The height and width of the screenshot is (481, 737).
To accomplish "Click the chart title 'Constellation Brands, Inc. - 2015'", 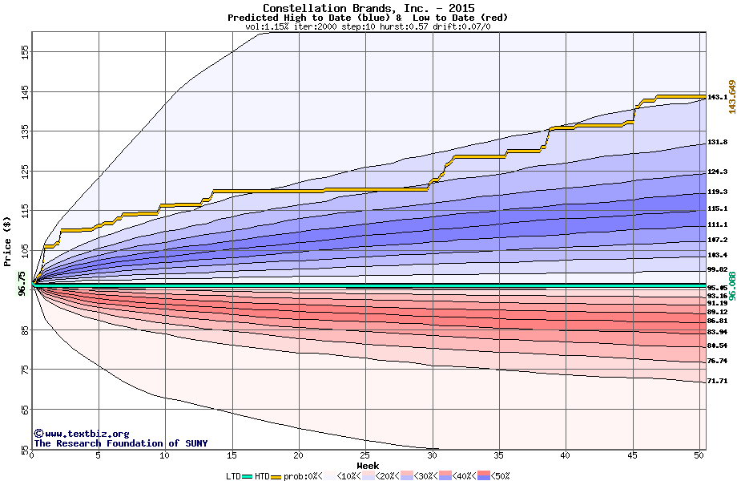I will pos(368,8).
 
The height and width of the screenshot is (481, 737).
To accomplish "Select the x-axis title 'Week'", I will pos(368,465).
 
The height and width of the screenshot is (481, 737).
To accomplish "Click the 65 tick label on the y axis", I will pos(25,409).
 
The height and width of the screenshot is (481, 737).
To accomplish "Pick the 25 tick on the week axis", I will pos(365,455).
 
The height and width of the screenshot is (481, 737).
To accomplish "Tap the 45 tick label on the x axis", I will pos(632,455).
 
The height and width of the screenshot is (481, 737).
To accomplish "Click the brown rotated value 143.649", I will pos(731,97).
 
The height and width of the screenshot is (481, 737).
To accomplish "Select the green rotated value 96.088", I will pos(731,287).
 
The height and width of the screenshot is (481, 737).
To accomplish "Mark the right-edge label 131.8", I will pos(717,143).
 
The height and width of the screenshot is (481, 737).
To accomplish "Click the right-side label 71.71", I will pos(717,382).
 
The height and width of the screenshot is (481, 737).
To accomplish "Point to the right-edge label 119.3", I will pos(717,192).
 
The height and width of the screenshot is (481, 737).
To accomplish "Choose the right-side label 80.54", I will pos(717,346).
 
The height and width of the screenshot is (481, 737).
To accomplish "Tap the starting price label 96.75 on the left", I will pos(22,284).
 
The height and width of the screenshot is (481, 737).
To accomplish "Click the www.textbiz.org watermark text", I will pos(81,434).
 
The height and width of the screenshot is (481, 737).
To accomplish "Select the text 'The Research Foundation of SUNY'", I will pos(120,443).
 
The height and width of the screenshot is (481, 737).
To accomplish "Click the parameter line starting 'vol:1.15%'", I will pos(368,26).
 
